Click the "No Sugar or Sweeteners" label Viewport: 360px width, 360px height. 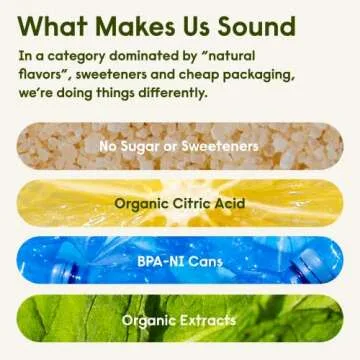click(x=179, y=147)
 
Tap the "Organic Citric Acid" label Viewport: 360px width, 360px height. click(x=179, y=204)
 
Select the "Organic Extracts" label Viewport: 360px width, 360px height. click(x=179, y=320)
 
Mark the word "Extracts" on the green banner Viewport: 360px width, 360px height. click(x=208, y=320)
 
